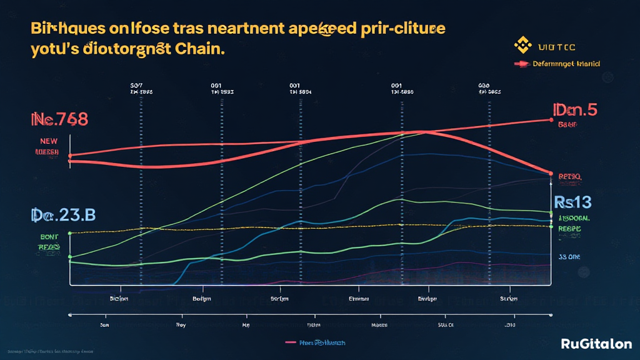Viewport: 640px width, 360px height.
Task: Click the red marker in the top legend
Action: click(521, 64)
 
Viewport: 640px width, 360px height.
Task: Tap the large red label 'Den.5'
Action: click(575, 109)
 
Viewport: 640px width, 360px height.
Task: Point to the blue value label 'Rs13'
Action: click(572, 202)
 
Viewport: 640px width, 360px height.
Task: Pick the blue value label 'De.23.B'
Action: click(63, 215)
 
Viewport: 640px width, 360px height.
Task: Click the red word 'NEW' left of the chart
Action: click(49, 141)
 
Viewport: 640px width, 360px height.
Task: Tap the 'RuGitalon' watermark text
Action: click(596, 344)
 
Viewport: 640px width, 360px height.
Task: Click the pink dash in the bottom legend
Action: click(291, 342)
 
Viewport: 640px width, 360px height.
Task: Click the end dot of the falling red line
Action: click(551, 173)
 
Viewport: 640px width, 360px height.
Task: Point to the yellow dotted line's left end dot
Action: click(70, 233)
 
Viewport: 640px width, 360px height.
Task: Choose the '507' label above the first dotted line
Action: click(137, 84)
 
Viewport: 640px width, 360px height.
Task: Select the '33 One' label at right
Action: click(569, 256)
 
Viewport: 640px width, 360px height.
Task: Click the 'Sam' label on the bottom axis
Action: click(105, 325)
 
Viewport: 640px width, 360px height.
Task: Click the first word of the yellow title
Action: click(57, 29)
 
